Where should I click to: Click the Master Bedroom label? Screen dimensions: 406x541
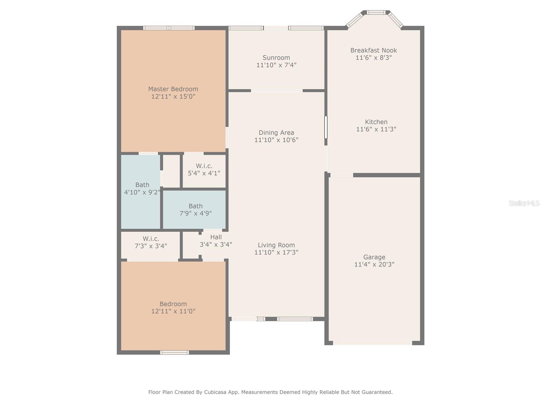click(173, 89)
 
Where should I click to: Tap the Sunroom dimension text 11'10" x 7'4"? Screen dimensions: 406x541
click(276, 65)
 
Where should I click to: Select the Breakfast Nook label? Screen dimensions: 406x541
click(373, 50)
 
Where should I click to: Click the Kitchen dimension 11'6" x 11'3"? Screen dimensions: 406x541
click(376, 129)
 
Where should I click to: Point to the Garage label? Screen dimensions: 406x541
click(374, 257)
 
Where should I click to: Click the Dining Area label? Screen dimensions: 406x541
click(276, 133)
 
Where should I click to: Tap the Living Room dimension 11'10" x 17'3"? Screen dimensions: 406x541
click(276, 252)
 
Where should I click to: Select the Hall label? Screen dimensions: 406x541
click(216, 237)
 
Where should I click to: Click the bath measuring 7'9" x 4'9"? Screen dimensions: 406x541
click(195, 209)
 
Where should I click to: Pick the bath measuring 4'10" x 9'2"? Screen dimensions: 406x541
click(142, 188)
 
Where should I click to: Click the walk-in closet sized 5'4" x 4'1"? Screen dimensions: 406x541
click(204, 170)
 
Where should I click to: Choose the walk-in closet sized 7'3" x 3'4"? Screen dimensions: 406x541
click(150, 242)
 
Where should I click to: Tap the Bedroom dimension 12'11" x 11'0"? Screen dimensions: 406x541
click(173, 311)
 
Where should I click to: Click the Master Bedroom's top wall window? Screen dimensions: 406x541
click(169, 28)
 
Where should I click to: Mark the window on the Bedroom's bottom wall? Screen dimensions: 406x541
click(174, 353)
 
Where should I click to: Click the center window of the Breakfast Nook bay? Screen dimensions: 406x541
click(376, 13)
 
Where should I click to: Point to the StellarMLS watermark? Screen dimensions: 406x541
click(524, 203)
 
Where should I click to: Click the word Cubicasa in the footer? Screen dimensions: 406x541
click(217, 392)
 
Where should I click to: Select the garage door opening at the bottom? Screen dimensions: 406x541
click(372, 343)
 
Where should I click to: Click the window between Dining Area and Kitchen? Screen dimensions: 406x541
click(326, 127)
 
